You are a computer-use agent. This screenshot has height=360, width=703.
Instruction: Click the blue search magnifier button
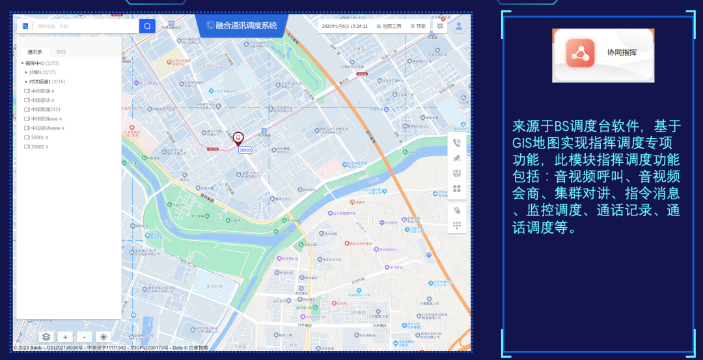click(x=147, y=26)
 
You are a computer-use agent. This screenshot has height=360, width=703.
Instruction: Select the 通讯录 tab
click(x=34, y=51)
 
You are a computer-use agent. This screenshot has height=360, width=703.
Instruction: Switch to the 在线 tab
click(x=61, y=51)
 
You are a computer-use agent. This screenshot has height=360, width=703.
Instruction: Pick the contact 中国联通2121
click(x=46, y=109)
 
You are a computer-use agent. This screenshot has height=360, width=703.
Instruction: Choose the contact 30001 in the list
click(x=37, y=137)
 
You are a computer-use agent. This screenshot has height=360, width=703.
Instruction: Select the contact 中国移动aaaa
click(x=46, y=128)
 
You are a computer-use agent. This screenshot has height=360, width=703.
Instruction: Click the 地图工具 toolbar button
click(x=389, y=26)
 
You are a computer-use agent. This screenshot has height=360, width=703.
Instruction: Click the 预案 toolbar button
click(x=418, y=26)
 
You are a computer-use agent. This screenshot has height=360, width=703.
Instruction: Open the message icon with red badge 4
click(x=440, y=26)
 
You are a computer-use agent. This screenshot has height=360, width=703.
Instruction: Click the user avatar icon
click(x=459, y=26)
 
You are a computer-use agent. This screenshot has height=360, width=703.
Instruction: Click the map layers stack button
click(x=46, y=337)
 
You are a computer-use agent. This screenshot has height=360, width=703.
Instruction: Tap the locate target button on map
click(x=103, y=337)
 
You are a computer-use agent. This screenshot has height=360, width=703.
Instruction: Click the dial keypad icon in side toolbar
click(x=457, y=225)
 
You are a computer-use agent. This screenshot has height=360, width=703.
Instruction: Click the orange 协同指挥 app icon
click(x=576, y=53)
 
